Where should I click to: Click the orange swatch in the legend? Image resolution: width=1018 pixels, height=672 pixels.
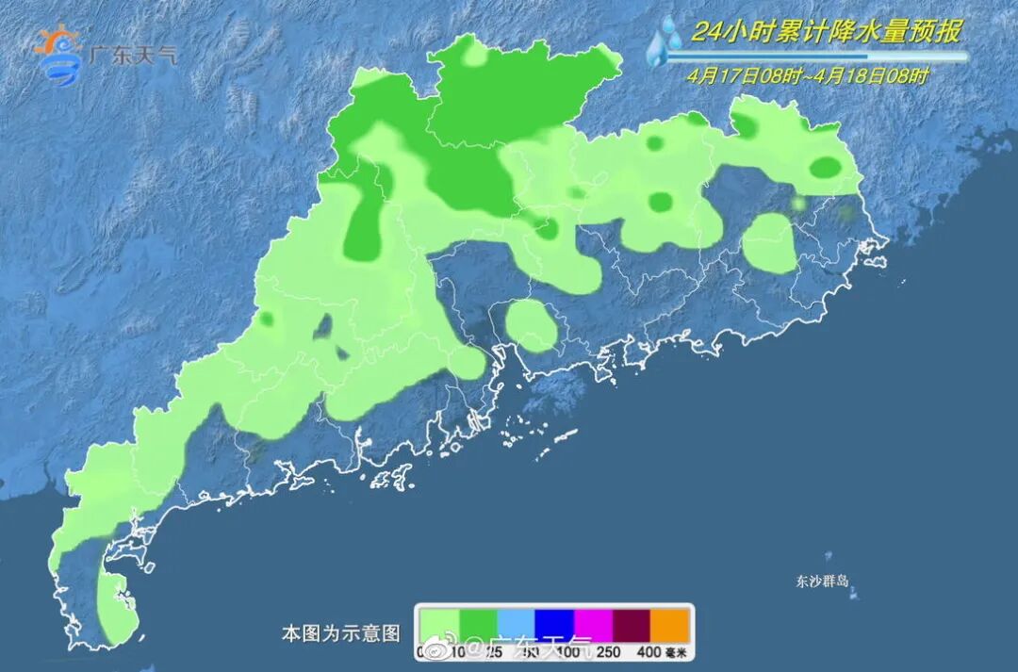(672, 625)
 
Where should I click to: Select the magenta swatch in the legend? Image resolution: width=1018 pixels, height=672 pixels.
(594, 625)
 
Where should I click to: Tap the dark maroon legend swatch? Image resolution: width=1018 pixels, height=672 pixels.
(632, 625)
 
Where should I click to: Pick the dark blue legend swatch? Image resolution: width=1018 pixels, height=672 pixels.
(555, 625)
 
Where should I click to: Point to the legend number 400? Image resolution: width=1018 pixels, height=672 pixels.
(649, 651)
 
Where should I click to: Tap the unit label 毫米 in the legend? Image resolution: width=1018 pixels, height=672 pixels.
(678, 651)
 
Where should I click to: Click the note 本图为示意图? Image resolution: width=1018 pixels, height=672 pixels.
(340, 633)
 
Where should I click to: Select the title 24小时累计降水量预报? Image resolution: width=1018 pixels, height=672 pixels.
(826, 32)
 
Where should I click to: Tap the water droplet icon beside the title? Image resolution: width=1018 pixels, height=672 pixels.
(666, 41)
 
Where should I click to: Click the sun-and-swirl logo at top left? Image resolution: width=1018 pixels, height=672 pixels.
(58, 54)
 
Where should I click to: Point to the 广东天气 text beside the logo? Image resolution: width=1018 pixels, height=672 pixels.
(132, 54)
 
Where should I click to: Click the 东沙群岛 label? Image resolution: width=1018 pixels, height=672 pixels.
(822, 581)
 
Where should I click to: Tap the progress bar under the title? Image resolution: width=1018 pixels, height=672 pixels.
(816, 57)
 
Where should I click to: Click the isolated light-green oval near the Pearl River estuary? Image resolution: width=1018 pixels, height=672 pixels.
(531, 325)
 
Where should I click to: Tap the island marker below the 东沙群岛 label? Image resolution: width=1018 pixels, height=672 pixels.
(854, 595)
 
